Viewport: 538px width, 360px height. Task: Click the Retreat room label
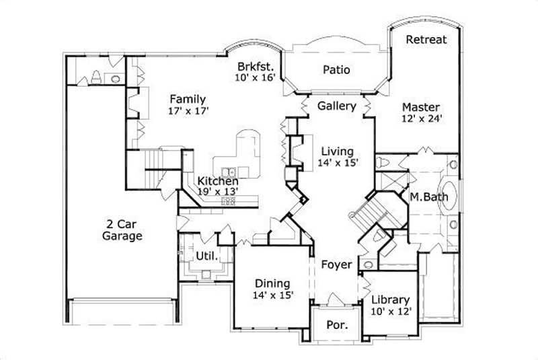coord(426,40)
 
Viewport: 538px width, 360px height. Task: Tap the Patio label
coord(336,70)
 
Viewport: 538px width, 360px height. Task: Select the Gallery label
coord(336,106)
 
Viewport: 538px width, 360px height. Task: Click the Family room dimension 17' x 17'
coord(188,112)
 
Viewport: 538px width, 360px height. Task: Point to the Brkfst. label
coord(254,67)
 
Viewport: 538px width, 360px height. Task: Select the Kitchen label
coord(217,182)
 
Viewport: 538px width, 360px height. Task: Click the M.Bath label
coord(425,197)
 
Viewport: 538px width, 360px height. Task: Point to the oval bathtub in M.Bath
coord(449,194)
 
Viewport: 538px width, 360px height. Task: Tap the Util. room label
coord(205,256)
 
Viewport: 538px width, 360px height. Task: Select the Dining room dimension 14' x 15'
coord(272,295)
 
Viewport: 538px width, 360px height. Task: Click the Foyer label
coord(336,265)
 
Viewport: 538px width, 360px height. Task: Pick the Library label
coord(390,299)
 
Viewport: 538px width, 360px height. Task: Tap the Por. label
coord(337,325)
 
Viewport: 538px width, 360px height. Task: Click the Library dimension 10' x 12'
coord(390,312)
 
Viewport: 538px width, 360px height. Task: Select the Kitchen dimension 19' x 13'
coord(217,191)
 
